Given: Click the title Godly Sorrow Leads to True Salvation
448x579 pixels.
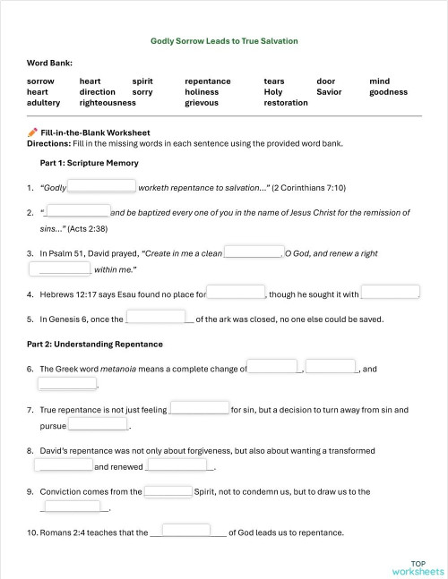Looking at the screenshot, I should tap(224, 41).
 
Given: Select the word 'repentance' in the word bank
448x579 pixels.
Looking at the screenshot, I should tap(207, 81).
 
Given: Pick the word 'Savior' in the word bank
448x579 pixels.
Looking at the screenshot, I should tap(329, 92).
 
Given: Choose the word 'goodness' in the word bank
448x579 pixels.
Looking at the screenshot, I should tap(388, 92).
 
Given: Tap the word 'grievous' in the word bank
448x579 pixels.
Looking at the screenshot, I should tap(202, 103).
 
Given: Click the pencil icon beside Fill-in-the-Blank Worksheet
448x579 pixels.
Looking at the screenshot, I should tap(33, 132).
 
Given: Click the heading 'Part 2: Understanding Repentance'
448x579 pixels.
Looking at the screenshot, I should tap(94, 344).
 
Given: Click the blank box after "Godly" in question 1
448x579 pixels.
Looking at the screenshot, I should tap(102, 187).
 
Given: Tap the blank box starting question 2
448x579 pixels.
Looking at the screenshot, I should tap(77, 212).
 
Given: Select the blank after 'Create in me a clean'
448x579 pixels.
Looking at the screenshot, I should tap(253, 252).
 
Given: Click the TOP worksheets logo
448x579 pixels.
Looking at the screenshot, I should tap(418, 567).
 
